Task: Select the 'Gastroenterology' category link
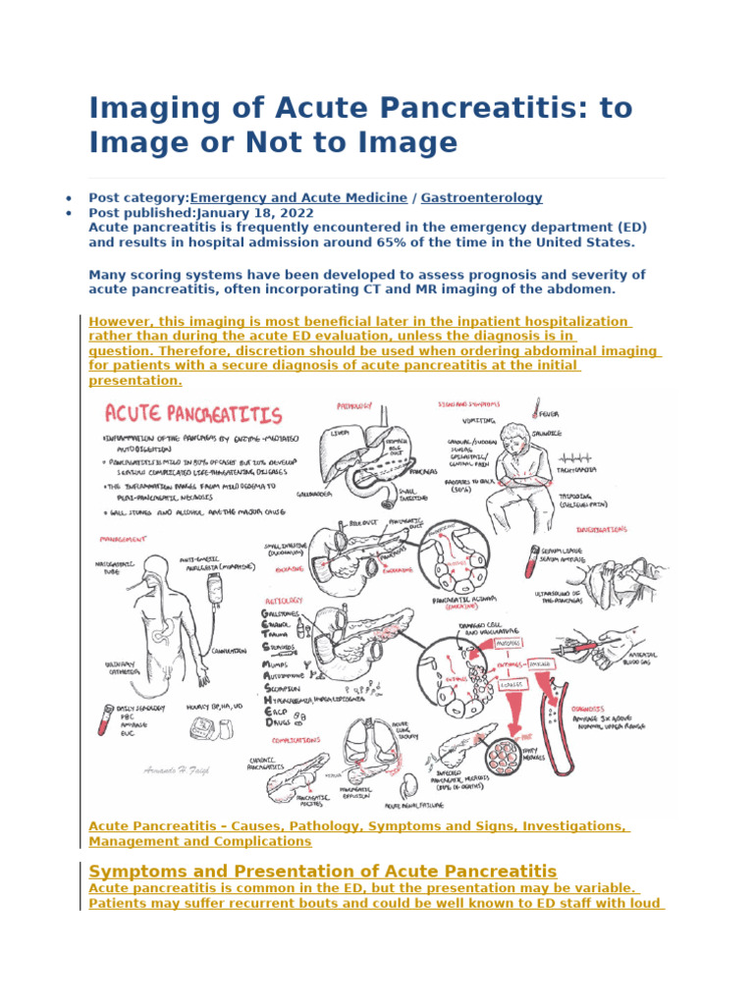click(481, 197)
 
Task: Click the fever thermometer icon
click(538, 406)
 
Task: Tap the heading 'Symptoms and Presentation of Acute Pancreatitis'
click(322, 871)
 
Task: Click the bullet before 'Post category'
click(67, 198)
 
